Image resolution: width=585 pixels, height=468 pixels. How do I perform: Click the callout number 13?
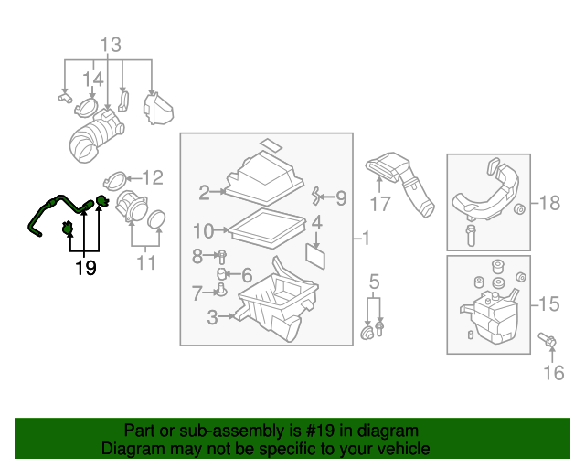110,45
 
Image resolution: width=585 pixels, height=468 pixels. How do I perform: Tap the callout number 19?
85,268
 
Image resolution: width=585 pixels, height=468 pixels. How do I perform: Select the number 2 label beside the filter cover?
204,192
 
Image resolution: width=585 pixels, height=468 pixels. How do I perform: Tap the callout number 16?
554,371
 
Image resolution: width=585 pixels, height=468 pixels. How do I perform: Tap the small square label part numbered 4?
315,255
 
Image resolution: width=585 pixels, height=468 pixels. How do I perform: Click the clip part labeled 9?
316,195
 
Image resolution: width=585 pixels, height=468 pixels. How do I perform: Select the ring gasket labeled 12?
115,178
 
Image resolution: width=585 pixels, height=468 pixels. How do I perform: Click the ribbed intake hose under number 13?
95,143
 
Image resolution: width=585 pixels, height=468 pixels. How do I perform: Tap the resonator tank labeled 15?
489,315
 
